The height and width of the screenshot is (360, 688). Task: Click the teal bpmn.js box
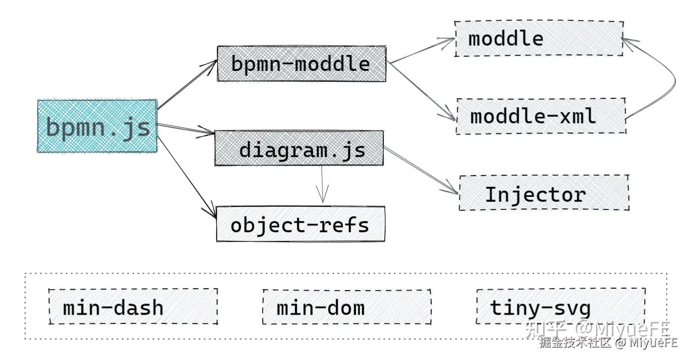(x=97, y=126)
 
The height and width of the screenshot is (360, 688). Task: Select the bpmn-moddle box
(x=301, y=64)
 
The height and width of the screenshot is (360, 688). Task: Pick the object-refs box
(x=300, y=224)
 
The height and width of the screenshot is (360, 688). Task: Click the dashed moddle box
(x=538, y=39)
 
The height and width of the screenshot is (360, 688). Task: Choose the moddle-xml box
(x=541, y=116)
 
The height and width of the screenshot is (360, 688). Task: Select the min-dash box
(x=133, y=307)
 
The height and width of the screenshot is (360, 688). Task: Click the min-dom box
(x=347, y=307)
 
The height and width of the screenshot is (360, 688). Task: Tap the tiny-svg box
(x=561, y=306)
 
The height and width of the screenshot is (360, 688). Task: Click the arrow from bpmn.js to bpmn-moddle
(x=187, y=84)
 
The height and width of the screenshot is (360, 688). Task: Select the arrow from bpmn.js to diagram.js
(x=186, y=128)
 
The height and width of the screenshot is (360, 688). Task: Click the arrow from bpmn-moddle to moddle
(x=420, y=51)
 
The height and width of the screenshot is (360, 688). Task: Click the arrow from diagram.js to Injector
(x=420, y=171)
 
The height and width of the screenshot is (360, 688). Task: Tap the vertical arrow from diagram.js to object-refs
(x=322, y=185)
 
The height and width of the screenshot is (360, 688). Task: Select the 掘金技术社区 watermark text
(x=575, y=343)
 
